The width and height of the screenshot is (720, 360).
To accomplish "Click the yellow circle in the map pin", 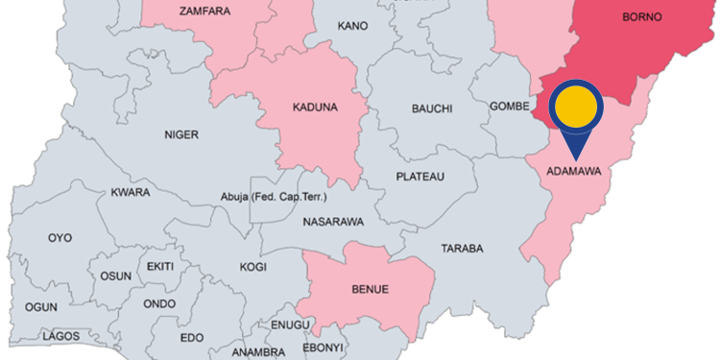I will pos(575,107).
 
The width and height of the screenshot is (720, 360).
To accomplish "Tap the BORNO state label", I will pos(642,17).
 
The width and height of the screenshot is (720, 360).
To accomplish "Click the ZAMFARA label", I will pos(204,12).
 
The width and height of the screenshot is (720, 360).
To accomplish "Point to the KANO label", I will pos(352,25).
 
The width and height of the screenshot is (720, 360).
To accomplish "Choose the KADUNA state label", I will pos(314,107).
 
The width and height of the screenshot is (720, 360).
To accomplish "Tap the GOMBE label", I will pos(510,106).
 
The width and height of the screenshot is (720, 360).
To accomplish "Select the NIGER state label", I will pos(180,134).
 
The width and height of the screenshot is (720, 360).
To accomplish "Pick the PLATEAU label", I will pos(420,177).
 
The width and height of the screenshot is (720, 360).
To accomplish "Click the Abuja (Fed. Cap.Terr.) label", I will pos(276,198).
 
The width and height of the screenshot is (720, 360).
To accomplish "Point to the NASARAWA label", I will pos(333,222).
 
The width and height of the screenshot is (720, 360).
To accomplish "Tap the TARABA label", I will pos(462,249).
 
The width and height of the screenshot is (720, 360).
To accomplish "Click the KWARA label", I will pos(131,192).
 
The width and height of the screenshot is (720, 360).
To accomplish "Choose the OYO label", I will pos(60,237).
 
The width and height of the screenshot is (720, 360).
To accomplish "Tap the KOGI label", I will pos(252,268).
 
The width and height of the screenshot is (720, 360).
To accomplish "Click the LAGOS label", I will pos(60,337).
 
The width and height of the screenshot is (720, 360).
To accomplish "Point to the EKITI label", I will pos(159,266).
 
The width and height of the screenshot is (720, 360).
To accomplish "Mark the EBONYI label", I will pos(322,347).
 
